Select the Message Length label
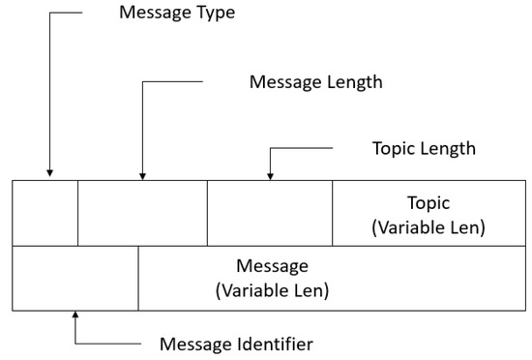coord(315,82)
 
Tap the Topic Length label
coord(423,149)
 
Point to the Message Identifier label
coord(236,343)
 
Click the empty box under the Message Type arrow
coord(45,213)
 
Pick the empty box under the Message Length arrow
coord(142,213)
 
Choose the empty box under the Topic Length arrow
coord(270,213)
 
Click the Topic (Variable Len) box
coord(429,214)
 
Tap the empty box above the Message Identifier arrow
coord(75,278)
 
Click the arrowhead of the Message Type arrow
coord(46,175)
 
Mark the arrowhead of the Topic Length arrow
coord(270,175)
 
